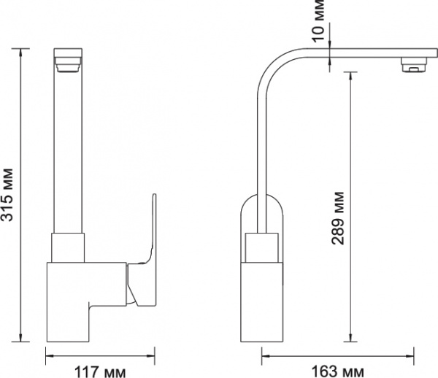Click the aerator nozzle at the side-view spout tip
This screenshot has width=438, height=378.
point(414,68)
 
